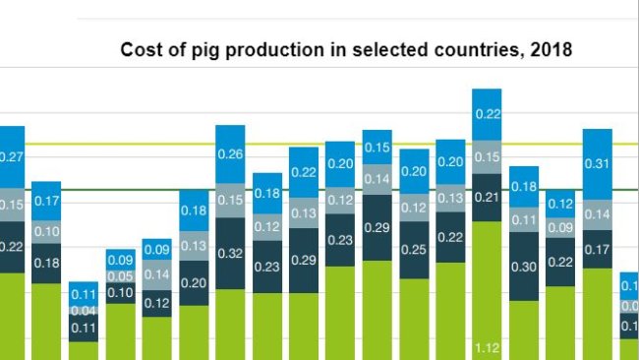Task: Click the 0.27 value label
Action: pyautogui.click(x=10, y=156)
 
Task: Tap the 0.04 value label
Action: pyautogui.click(x=83, y=311)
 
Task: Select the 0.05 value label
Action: pyautogui.click(x=120, y=276)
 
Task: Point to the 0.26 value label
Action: pyautogui.click(x=230, y=153)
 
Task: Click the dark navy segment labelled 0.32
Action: pyautogui.click(x=230, y=253)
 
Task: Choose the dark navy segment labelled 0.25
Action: pyautogui.click(x=414, y=250)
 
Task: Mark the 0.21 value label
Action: pyautogui.click(x=487, y=197)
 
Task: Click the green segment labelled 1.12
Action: pyautogui.click(x=487, y=346)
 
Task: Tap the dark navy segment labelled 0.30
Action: pyautogui.click(x=524, y=266)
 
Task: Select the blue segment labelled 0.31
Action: pyautogui.click(x=598, y=163)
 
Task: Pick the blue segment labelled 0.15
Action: pyautogui.click(x=378, y=148)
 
